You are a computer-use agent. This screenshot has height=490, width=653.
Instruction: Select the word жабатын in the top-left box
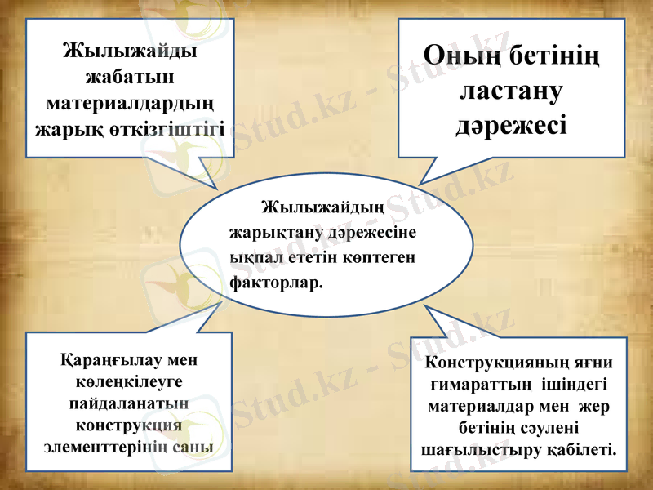click(130, 78)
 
